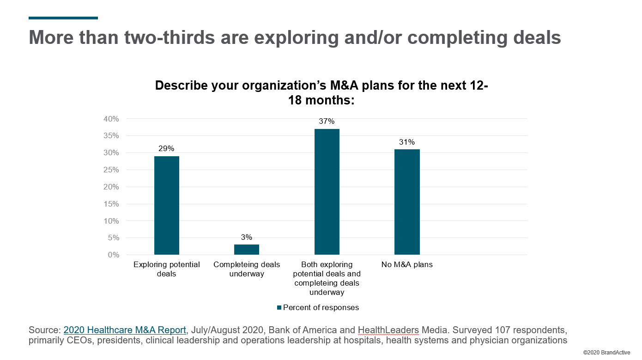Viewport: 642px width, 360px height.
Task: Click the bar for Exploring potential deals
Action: [167, 205]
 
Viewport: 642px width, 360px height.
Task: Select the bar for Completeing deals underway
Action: [247, 250]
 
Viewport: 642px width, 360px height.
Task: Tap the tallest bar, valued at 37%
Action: [327, 191]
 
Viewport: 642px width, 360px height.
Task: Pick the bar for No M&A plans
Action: [407, 201]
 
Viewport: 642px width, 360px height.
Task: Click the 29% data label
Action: [167, 148]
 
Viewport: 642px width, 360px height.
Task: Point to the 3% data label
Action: [247, 237]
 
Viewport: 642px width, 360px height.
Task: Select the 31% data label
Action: [407, 142]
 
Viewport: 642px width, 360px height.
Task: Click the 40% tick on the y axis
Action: [111, 119]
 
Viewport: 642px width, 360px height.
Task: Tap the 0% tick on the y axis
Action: [113, 255]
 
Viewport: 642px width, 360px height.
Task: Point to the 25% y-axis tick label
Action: [111, 170]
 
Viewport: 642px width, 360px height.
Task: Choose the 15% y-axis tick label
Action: [111, 204]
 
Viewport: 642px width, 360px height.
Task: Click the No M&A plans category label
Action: [407, 265]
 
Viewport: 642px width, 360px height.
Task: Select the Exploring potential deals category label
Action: [167, 269]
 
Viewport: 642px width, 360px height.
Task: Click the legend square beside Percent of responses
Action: [279, 308]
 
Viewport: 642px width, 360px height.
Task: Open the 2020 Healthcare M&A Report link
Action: [125, 330]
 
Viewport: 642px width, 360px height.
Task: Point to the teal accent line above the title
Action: [63, 18]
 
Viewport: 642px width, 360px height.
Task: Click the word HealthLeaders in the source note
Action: [388, 330]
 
